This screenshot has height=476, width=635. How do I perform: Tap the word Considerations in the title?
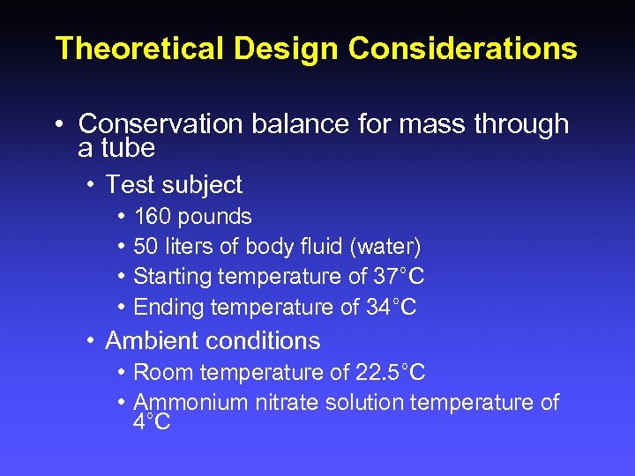[463, 48]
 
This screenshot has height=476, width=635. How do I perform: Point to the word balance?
[295, 124]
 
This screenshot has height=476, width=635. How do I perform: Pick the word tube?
[129, 148]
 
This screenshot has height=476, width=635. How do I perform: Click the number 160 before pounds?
[153, 217]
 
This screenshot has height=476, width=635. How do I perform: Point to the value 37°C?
[398, 277]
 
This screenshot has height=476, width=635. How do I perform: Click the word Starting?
[172, 277]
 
